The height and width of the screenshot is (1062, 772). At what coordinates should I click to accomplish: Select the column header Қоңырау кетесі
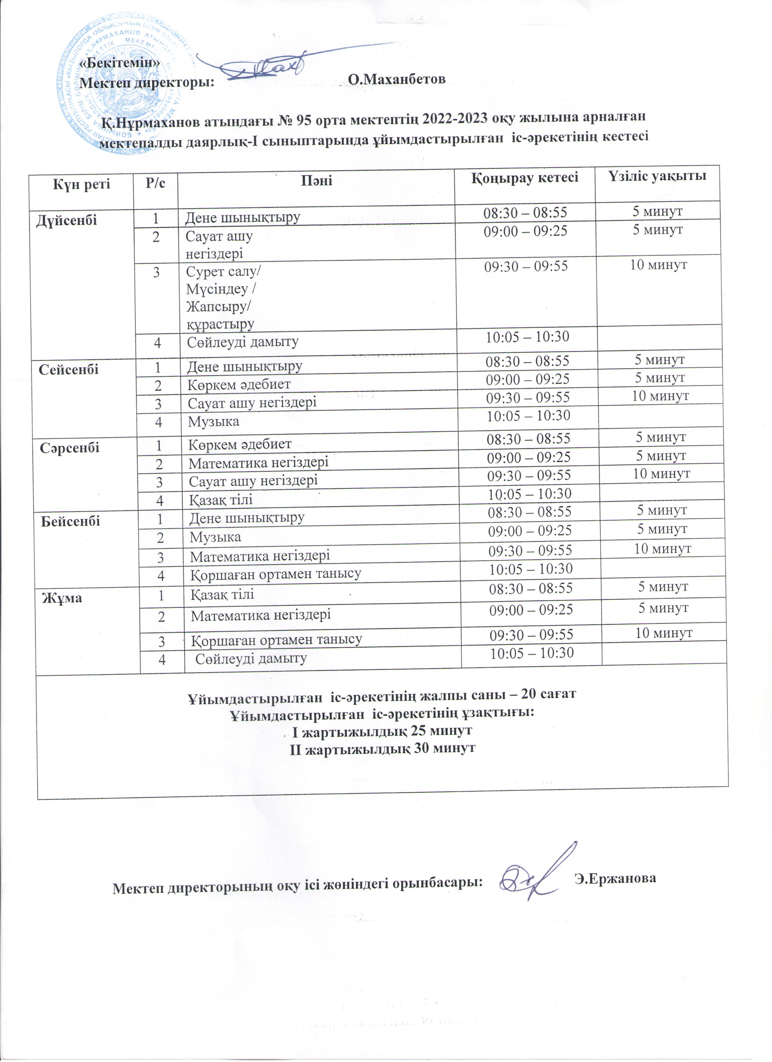tap(524, 178)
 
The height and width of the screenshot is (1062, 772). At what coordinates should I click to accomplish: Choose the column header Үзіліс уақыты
tap(658, 176)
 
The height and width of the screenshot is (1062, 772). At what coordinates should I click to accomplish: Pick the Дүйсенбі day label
tap(67, 220)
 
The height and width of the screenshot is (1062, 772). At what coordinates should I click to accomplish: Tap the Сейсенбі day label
tap(69, 369)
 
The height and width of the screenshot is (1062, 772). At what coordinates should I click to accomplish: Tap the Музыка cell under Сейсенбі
tap(214, 421)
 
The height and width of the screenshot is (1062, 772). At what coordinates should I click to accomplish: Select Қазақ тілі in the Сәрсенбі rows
tap(221, 500)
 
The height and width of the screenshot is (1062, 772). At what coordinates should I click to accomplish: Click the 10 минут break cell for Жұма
tap(664, 633)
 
